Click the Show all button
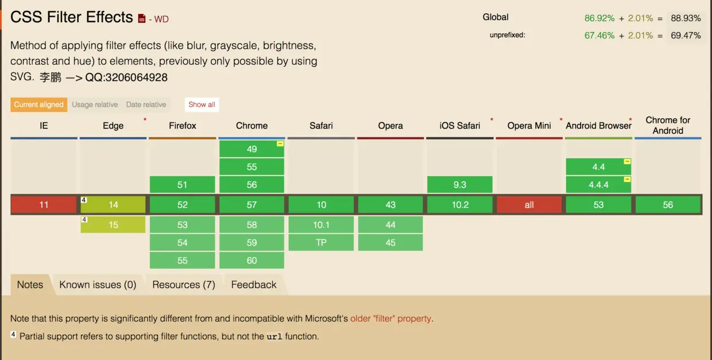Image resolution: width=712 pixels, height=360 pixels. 202,104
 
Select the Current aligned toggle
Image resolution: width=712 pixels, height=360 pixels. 39,104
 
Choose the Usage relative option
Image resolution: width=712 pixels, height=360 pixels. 95,104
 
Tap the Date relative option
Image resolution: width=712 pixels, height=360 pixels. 146,104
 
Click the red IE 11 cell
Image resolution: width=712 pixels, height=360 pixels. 44,204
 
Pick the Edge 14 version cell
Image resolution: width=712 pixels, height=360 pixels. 113,204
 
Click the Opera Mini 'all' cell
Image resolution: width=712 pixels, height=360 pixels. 529,204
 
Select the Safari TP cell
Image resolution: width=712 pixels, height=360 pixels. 321,243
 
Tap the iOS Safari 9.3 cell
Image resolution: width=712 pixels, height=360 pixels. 459,185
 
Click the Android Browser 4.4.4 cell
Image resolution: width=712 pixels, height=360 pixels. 598,185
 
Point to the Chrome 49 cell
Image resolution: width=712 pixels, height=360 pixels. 251,149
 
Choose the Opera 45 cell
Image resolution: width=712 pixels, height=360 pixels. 390,243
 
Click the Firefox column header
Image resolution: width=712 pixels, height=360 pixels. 183,126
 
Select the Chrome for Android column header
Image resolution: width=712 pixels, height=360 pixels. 668,126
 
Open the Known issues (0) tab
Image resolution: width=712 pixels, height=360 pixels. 98,285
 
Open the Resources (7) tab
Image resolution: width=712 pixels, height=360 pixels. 184,285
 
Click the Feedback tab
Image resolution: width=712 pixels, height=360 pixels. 254,285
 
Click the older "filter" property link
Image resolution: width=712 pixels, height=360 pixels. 390,319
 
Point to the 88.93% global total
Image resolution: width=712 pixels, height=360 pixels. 686,18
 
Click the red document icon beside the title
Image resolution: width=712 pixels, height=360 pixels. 142,19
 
